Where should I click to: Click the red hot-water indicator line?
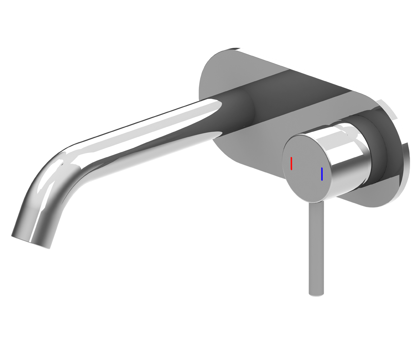(291, 163)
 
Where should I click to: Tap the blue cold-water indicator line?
(322, 174)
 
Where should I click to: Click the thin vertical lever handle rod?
(316, 246)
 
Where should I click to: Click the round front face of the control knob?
(306, 169)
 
